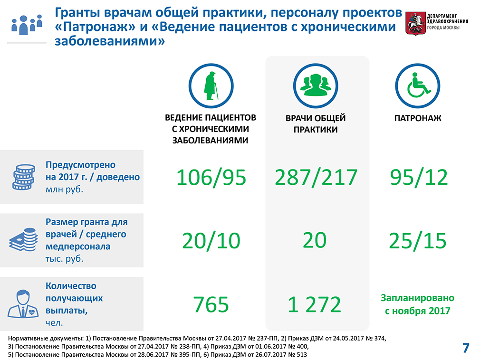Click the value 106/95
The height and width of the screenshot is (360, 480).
(211, 178)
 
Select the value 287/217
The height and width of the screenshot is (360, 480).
(316, 178)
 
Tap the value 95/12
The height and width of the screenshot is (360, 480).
(419, 178)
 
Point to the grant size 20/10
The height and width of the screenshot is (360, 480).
(211, 241)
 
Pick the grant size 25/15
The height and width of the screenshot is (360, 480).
(418, 241)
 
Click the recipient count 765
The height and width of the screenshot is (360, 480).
(211, 304)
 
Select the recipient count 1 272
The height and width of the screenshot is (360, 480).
(315, 304)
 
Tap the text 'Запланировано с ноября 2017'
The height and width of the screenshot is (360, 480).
(418, 304)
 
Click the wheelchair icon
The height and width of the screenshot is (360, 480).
(418, 85)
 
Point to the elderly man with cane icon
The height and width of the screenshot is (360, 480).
(211, 85)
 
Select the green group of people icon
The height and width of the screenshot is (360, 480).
(316, 85)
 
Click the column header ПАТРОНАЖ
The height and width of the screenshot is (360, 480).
(418, 118)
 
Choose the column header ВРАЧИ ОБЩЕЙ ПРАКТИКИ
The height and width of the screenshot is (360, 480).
(316, 123)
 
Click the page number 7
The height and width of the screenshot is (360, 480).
(466, 348)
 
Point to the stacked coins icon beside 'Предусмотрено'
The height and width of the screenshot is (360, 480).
(24, 177)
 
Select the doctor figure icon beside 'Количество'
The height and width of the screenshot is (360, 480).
(23, 304)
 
